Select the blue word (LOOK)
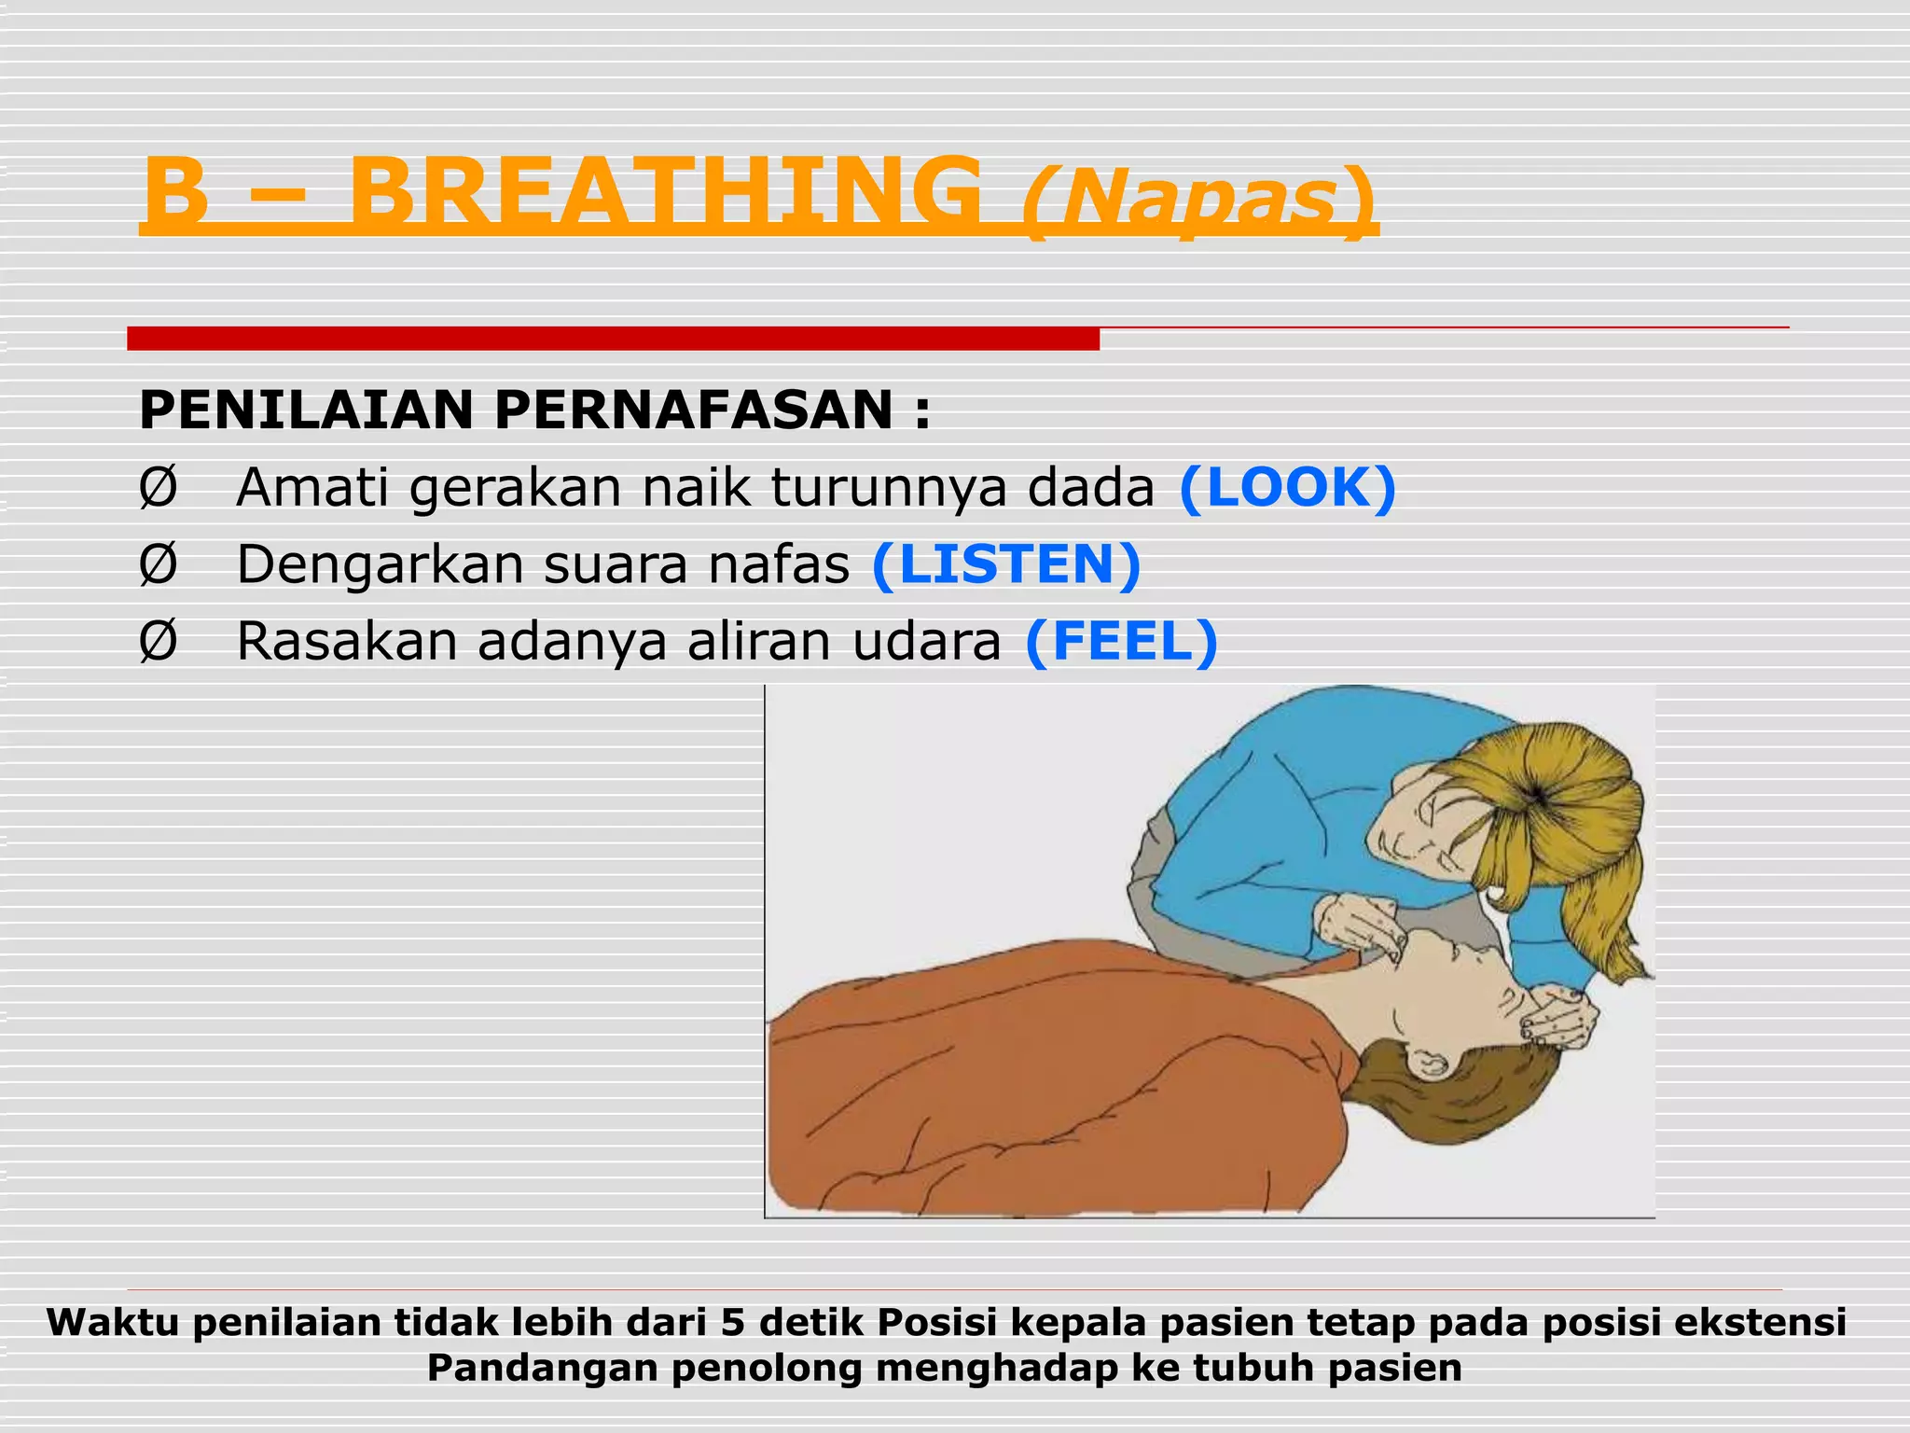(x=1287, y=487)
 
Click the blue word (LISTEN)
(x=1005, y=564)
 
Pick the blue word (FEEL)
(x=1120, y=641)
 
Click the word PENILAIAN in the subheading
(x=307, y=410)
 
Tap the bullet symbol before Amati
(x=158, y=488)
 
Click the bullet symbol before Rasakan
(x=158, y=642)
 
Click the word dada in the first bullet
(x=1090, y=488)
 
